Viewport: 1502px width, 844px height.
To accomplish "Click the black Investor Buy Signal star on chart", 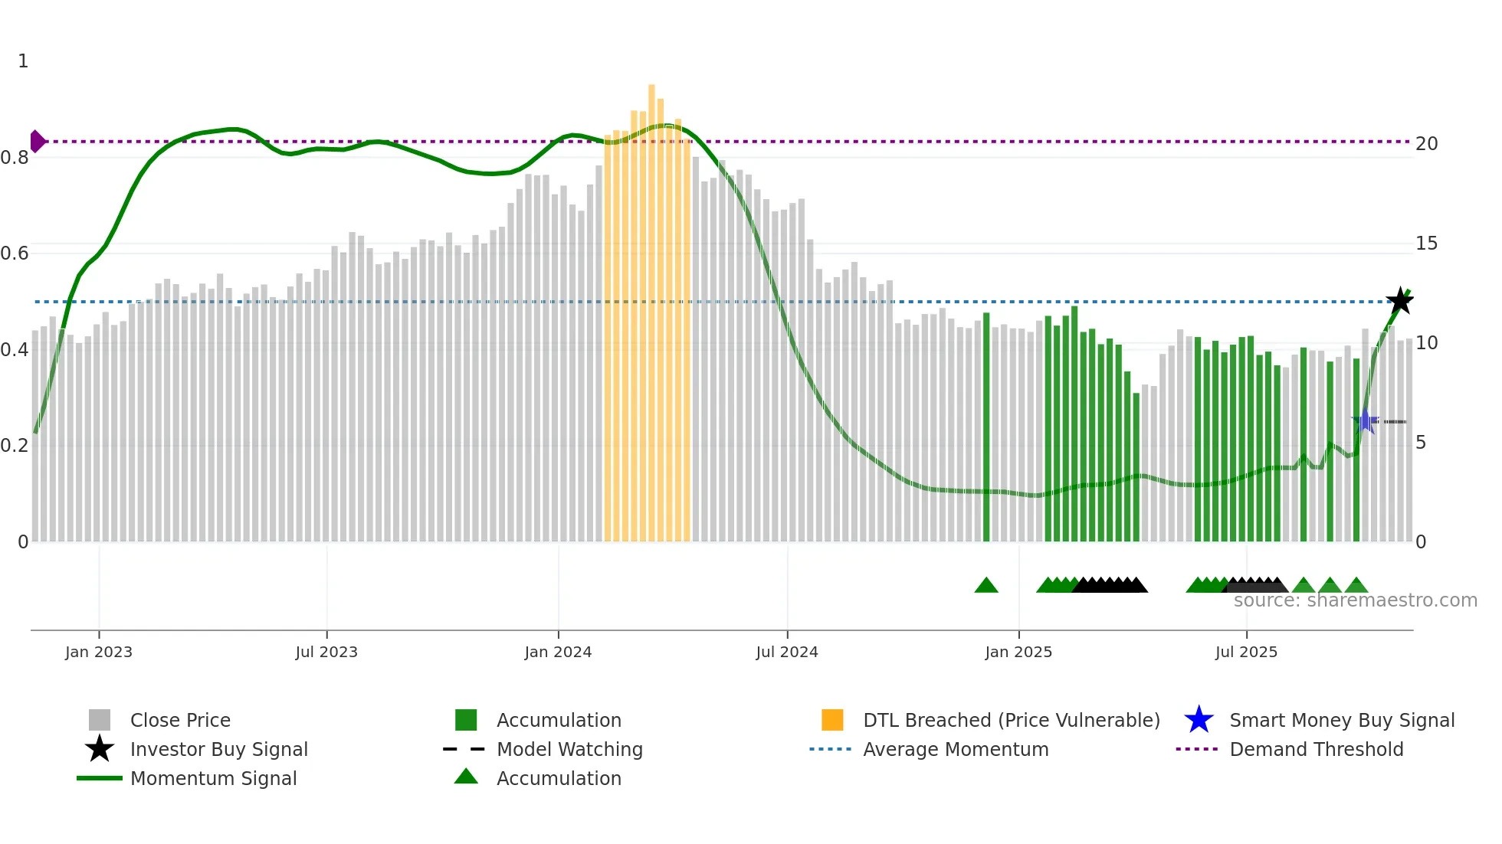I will pos(1400,301).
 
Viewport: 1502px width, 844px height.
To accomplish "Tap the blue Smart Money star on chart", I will pos(1365,421).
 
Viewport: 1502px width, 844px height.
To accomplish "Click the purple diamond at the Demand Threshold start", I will pos(37,142).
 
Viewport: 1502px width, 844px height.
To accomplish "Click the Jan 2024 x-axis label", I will pos(558,652).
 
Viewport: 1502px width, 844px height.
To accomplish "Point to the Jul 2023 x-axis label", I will pos(326,652).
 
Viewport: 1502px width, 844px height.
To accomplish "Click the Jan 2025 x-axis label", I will pos(1018,652).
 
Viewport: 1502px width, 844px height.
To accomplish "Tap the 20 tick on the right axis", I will pos(1426,144).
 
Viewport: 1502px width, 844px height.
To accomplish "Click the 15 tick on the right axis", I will pos(1426,244).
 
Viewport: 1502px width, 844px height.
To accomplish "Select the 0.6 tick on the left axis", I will pos(15,254).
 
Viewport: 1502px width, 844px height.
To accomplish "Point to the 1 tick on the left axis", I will pos(23,61).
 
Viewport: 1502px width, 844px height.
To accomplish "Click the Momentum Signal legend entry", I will pos(213,778).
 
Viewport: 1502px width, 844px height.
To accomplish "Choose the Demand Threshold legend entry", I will pos(1316,749).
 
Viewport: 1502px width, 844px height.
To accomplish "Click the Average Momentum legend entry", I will pos(955,749).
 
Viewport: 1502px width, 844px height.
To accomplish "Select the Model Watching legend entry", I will pos(569,749).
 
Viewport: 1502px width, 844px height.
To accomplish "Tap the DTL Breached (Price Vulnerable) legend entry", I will pos(1011,720).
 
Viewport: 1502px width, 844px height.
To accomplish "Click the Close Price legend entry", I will pos(180,720).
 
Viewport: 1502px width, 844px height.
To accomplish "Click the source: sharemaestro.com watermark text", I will pos(1355,600).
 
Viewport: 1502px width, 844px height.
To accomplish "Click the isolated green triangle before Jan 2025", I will pos(986,586).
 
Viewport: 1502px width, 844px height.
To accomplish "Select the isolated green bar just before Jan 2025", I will pos(986,429).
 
